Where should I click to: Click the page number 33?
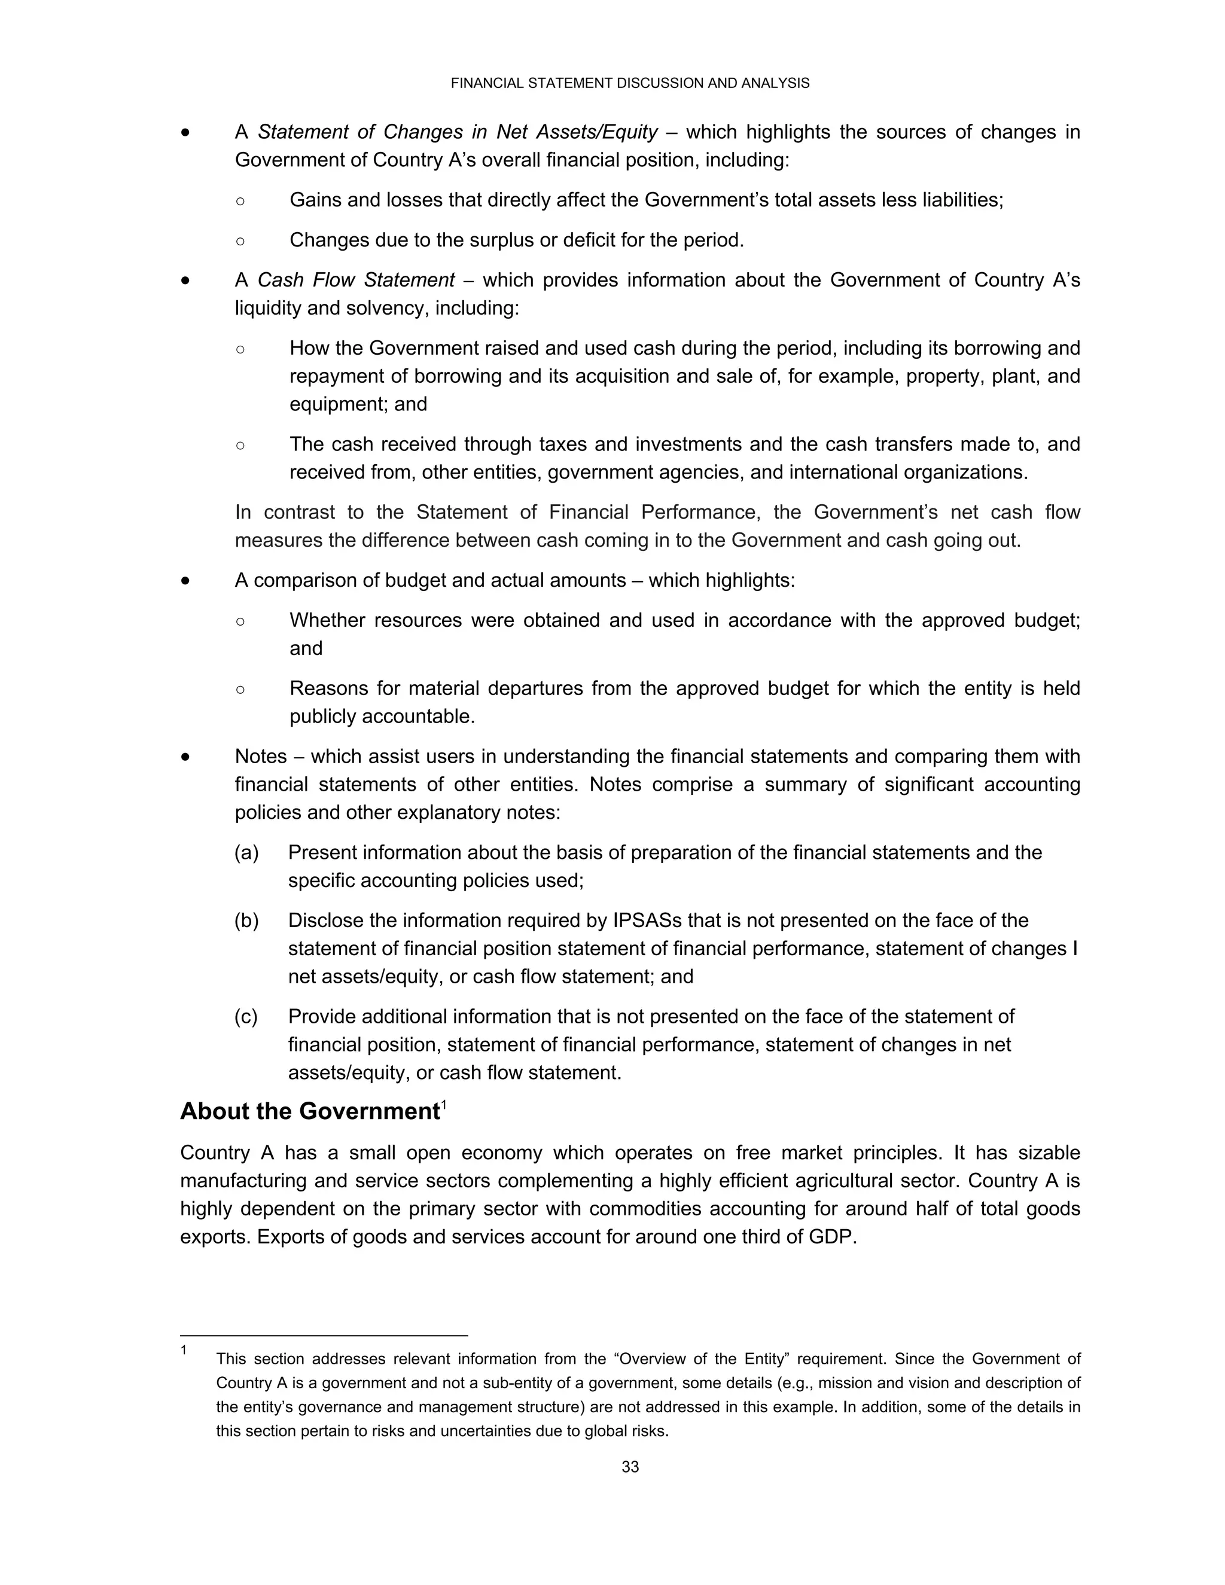(630, 1467)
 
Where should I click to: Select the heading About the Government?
(310, 1112)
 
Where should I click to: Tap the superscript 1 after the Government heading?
(443, 1105)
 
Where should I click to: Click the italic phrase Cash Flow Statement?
(356, 280)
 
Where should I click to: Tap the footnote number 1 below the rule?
(184, 1351)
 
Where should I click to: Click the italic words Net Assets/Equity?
(577, 132)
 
